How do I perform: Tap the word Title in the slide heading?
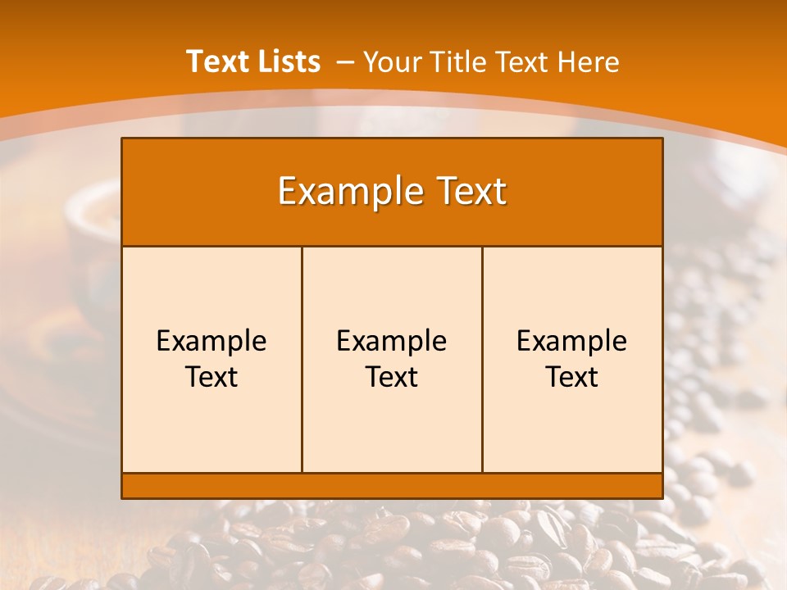click(457, 62)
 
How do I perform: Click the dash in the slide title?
click(345, 62)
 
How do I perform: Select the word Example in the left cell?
click(212, 341)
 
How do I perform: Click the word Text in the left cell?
click(212, 377)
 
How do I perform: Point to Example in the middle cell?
click(392, 341)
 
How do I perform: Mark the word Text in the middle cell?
click(392, 377)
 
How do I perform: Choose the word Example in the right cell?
click(572, 341)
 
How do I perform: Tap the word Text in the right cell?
click(572, 377)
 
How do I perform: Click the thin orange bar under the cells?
click(392, 485)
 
